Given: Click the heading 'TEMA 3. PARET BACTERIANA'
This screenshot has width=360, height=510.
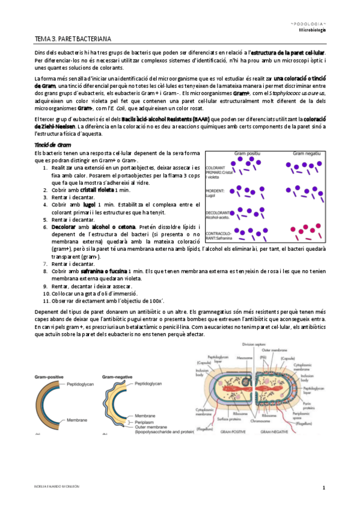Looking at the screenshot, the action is (73, 39).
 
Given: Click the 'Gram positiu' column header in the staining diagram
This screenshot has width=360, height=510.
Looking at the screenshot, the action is (247, 155).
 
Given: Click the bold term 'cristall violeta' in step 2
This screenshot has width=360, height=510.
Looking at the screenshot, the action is (97, 189).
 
